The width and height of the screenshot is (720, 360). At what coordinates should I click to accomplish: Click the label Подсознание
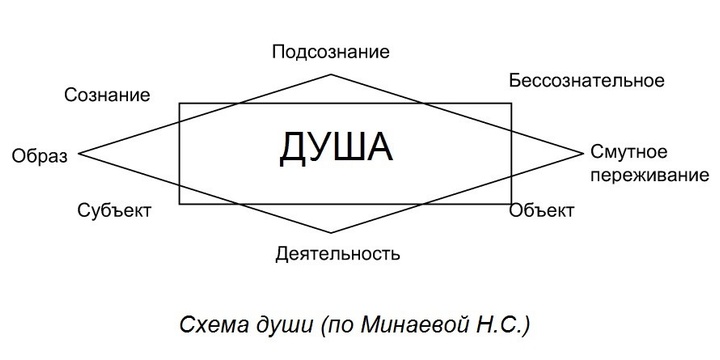click(x=330, y=51)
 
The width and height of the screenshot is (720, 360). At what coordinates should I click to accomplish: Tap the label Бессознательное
click(x=585, y=79)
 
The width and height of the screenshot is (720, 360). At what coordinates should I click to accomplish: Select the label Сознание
click(x=107, y=96)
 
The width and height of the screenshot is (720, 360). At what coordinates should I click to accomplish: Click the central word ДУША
click(x=336, y=148)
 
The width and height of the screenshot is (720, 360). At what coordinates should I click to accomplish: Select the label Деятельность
click(x=338, y=252)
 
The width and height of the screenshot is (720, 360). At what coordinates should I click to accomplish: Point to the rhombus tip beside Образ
click(x=79, y=154)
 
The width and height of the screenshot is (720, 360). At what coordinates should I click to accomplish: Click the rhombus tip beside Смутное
click(x=583, y=154)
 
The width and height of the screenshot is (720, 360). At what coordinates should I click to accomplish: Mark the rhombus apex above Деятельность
click(x=331, y=237)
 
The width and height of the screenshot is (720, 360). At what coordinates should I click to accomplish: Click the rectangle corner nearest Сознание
click(x=180, y=103)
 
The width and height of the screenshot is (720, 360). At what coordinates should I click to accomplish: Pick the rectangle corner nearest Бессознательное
click(x=511, y=103)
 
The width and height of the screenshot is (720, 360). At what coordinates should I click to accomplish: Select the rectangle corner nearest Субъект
click(x=180, y=204)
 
